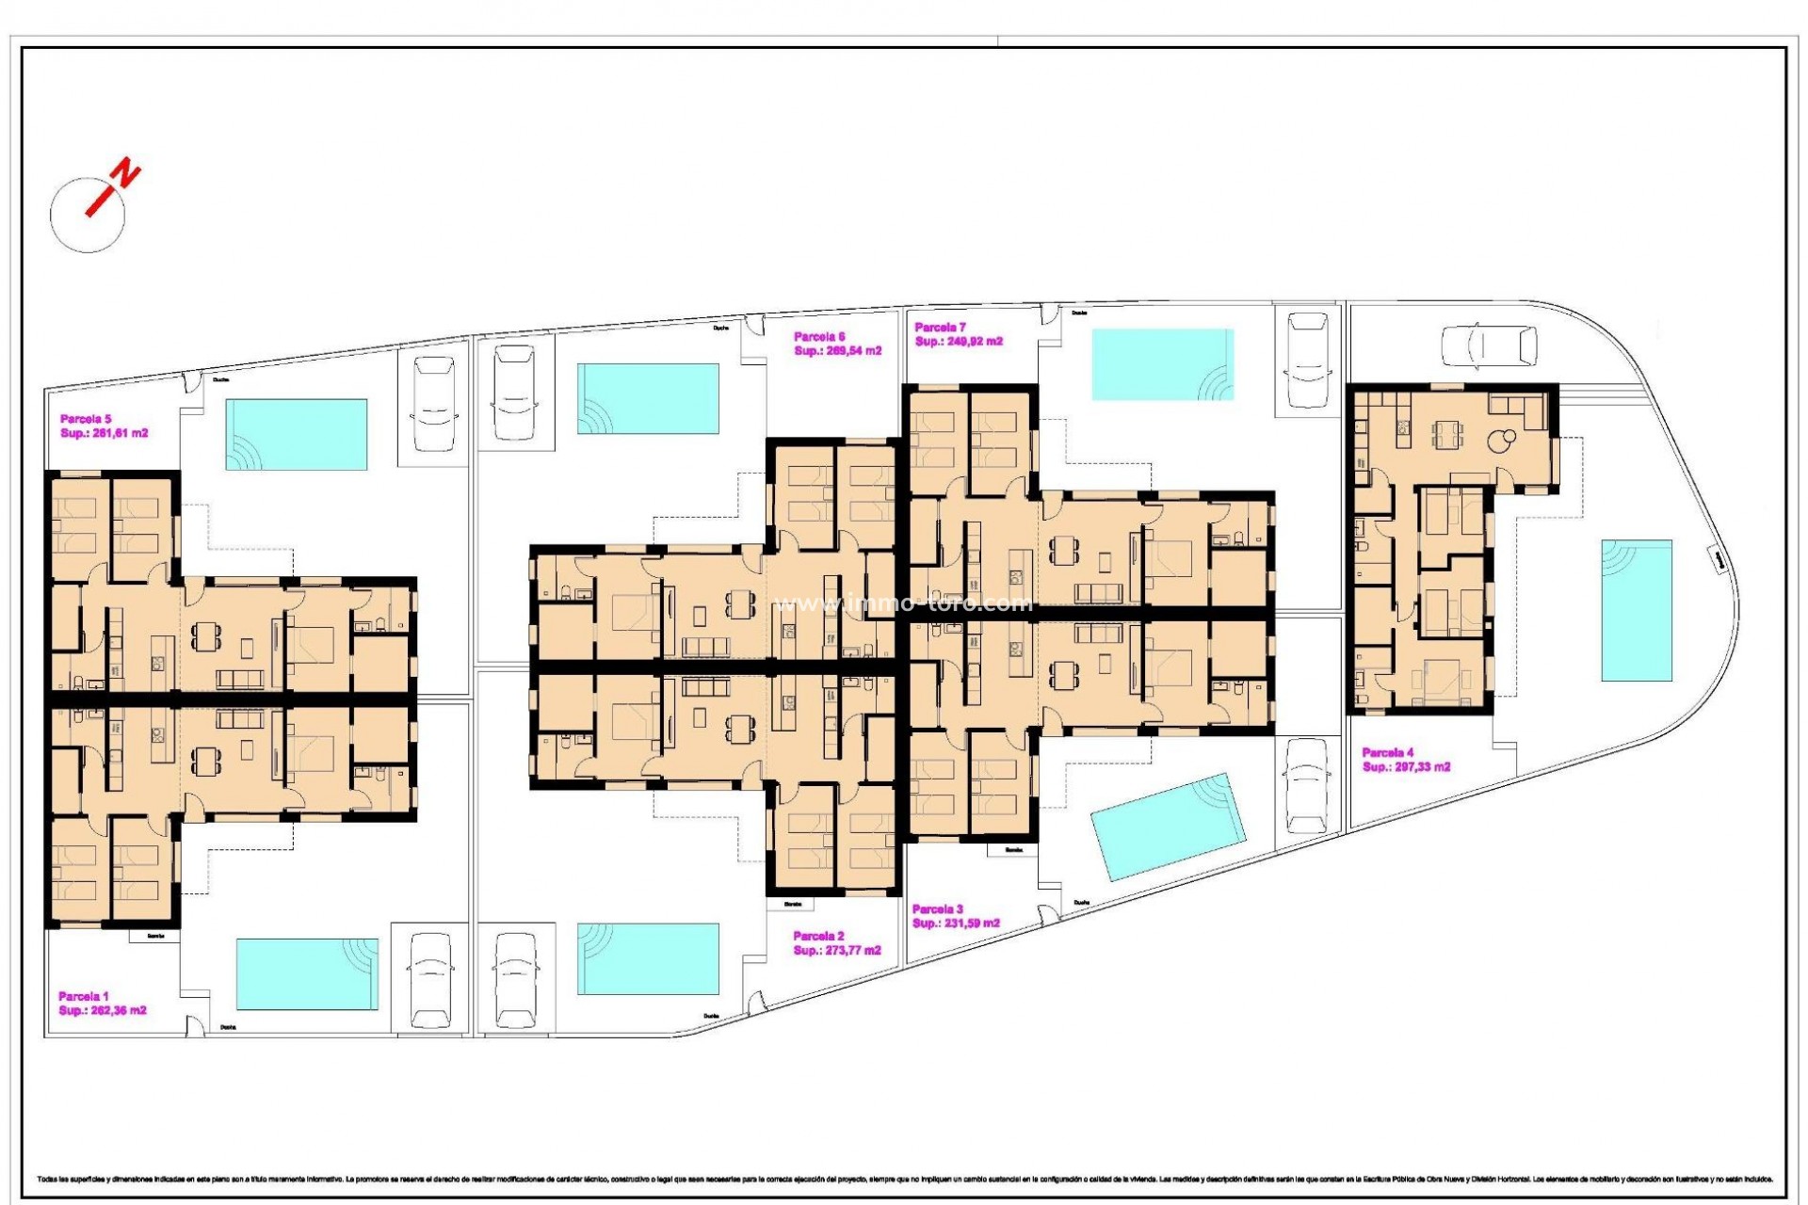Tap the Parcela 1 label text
[x=84, y=996]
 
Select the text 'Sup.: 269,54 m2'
[x=837, y=351]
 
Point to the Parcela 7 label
[x=941, y=328]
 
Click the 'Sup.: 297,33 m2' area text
[x=1406, y=767]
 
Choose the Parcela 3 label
[x=938, y=909]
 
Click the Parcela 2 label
[x=819, y=936]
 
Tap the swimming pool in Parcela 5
[x=296, y=434]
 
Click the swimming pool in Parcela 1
[x=306, y=972]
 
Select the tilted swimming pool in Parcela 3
[x=1168, y=827]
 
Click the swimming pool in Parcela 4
[x=1637, y=610]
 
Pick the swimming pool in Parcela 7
[x=1162, y=364]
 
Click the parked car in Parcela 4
[x=1490, y=345]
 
